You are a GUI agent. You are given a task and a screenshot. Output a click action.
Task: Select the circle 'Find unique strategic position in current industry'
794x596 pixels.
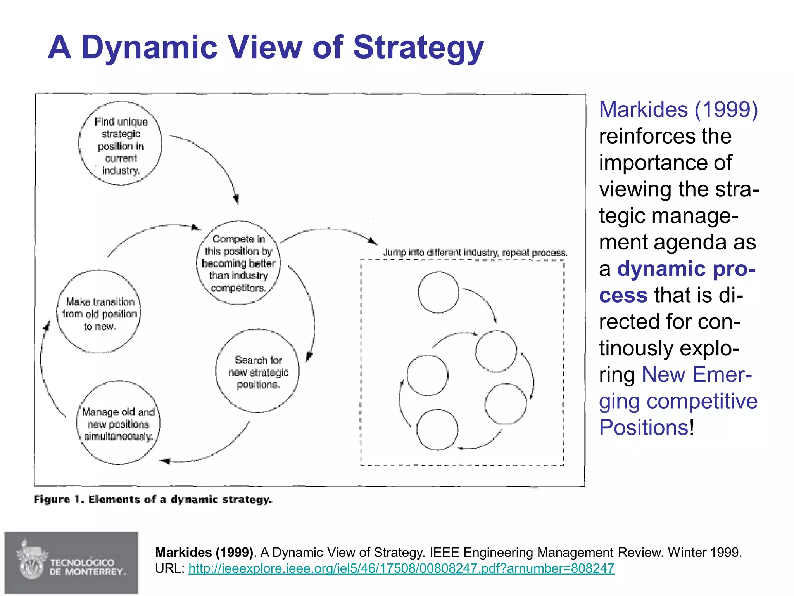[121, 144]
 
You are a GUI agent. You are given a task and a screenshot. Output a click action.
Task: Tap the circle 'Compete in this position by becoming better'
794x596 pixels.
[238, 263]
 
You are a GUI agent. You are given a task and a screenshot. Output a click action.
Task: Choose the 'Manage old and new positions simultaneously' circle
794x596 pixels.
[118, 423]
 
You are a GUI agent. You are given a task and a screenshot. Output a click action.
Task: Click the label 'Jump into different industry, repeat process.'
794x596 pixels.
[475, 253]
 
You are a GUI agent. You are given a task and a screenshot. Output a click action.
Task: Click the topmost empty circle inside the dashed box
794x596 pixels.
[438, 292]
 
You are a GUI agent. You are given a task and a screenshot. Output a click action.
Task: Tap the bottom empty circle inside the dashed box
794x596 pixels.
[437, 430]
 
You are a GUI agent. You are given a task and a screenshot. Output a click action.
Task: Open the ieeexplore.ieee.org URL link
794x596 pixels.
[401, 568]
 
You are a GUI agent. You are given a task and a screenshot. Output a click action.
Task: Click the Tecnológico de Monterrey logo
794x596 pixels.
[71, 563]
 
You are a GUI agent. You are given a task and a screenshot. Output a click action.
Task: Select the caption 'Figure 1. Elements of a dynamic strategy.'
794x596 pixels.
[153, 499]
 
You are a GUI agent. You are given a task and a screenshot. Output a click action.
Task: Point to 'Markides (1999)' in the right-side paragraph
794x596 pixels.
[678, 110]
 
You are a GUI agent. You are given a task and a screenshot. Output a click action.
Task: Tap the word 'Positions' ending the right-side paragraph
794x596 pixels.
[644, 428]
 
